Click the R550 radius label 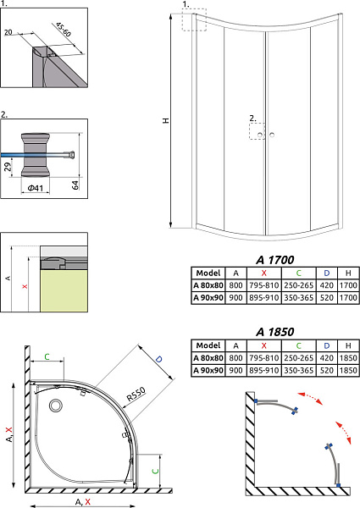(x=136, y=395)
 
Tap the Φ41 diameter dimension (x=35, y=188)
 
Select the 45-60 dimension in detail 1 (x=64, y=30)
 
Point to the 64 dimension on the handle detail (x=75, y=185)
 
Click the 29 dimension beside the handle (x=8, y=167)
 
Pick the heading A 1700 (x=274, y=260)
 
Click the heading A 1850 (x=274, y=332)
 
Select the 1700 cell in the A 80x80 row (x=348, y=285)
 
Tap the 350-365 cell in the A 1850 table (x=298, y=370)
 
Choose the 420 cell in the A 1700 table (x=326, y=285)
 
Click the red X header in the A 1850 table (x=263, y=345)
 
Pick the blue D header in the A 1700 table (x=327, y=273)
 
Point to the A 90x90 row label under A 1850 (x=208, y=370)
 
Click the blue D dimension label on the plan (x=158, y=359)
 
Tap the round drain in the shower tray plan (x=56, y=406)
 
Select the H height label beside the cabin (x=166, y=120)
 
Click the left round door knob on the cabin (x=260, y=135)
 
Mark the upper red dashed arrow (x=310, y=398)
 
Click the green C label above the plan (x=47, y=356)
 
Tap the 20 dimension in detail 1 (x=8, y=32)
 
